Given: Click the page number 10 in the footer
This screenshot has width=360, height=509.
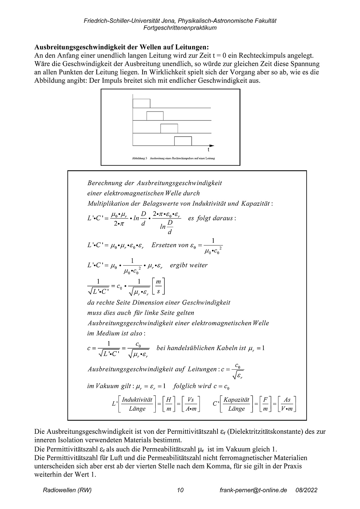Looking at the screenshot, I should (x=180, y=490).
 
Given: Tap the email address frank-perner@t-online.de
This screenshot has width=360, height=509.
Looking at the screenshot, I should (x=253, y=490).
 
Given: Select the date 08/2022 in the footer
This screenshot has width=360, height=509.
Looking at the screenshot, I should (x=306, y=490).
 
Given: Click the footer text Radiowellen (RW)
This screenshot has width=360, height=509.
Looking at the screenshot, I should (x=67, y=490).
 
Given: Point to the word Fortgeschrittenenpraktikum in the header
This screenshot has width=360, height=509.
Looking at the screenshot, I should (x=180, y=28).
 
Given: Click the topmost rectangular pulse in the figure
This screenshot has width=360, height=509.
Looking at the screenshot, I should (x=141, y=103).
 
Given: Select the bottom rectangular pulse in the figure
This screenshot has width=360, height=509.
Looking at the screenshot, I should (x=183, y=140).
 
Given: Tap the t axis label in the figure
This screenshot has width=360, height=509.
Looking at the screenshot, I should (x=208, y=150).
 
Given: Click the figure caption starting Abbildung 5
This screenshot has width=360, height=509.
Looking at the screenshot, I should (x=173, y=158).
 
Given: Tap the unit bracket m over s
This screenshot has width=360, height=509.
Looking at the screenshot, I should (x=158, y=286).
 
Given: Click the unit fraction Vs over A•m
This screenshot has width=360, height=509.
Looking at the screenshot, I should (x=190, y=404).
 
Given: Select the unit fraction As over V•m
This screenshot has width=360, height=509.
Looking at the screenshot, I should (x=287, y=404).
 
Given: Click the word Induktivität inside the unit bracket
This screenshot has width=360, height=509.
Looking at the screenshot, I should (x=137, y=400).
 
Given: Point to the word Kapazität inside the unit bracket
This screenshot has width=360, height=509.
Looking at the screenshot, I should (x=237, y=400).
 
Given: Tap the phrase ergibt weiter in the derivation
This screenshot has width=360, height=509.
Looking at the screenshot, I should (x=189, y=265).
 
